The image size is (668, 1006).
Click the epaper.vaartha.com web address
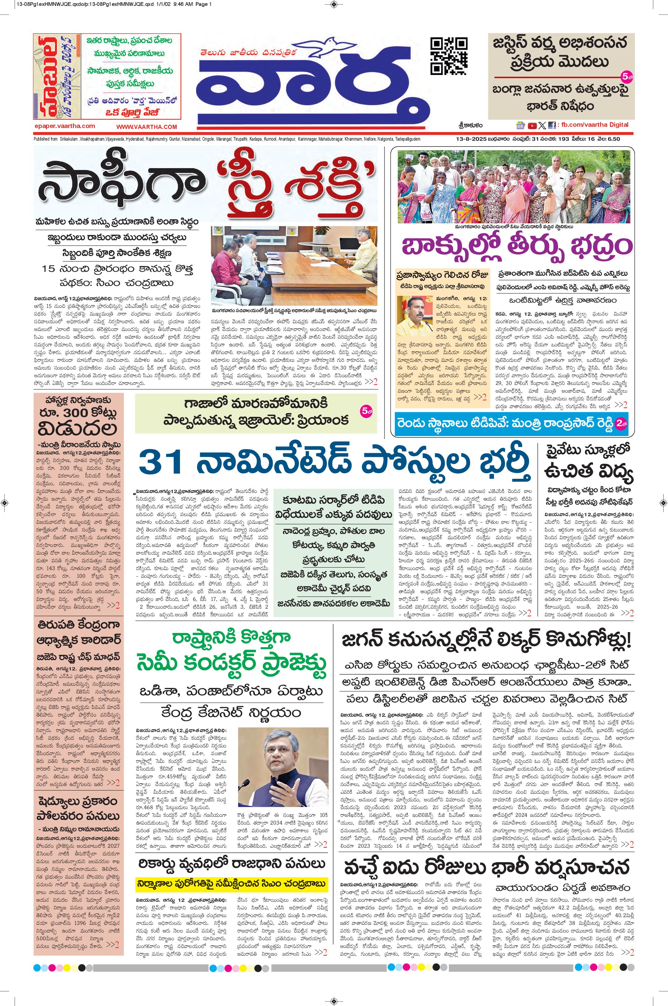[x=64, y=126]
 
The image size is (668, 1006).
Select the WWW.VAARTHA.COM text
[x=147, y=127]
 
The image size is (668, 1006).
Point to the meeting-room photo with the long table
[x=293, y=266]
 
